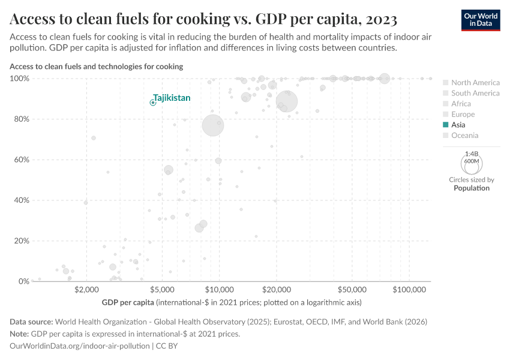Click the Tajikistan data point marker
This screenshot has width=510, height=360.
tap(153, 103)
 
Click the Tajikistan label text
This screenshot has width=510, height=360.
tap(172, 98)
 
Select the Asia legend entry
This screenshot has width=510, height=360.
tap(458, 125)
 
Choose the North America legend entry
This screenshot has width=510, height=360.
tap(475, 82)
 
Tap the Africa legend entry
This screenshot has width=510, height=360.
tap(461, 104)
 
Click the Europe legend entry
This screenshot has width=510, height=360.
tap(463, 114)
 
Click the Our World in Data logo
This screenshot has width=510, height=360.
tap(481, 20)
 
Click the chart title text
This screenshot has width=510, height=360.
tap(203, 20)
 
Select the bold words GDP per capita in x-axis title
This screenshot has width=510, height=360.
tap(128, 302)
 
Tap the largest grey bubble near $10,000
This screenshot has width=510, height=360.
tap(212, 125)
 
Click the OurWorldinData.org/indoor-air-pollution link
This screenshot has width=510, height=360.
tap(80, 346)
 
